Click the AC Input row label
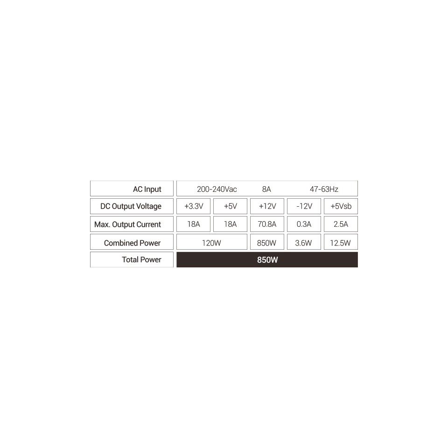tap(147, 189)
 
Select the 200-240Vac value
tap(217, 189)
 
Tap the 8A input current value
tap(266, 189)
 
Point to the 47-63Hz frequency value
tap(324, 189)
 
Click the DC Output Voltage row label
tap(131, 206)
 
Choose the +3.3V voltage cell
tap(194, 206)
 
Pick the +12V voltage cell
tap(267, 206)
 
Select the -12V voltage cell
tap(304, 206)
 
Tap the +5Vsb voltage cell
tap(341, 206)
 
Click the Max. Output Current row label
tap(127, 224)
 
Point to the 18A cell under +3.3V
tap(194, 224)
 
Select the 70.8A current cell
tap(267, 224)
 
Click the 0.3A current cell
tap(304, 224)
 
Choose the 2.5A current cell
tap(341, 224)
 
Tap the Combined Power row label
tap(132, 243)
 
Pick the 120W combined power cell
tap(211, 243)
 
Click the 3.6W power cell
tap(304, 243)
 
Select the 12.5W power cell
tap(341, 243)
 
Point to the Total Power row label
tap(141, 259)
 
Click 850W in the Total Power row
tap(267, 259)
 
